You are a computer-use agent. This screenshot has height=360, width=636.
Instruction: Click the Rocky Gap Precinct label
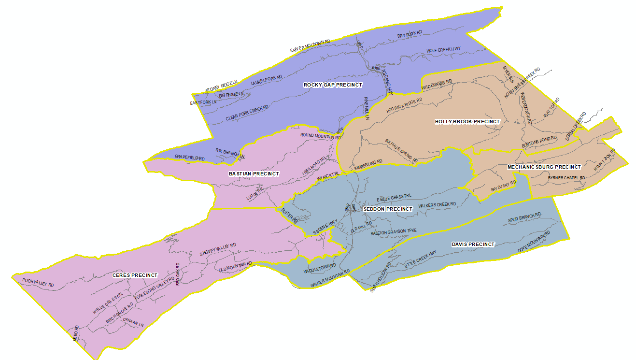click(333, 85)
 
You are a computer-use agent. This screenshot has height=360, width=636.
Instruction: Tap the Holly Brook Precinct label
click(467, 121)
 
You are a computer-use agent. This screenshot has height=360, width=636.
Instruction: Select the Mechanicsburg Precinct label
click(544, 167)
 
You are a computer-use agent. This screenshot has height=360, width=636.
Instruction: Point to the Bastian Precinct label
click(254, 173)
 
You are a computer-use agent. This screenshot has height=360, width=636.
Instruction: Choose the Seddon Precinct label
click(395, 209)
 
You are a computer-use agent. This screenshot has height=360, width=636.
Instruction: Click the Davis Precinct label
click(473, 244)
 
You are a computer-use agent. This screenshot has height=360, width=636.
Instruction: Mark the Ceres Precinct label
click(135, 275)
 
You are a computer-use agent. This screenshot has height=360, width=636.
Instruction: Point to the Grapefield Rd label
click(190, 158)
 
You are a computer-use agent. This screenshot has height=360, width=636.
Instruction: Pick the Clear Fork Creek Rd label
click(247, 113)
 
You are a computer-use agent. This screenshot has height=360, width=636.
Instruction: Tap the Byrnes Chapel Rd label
click(566, 178)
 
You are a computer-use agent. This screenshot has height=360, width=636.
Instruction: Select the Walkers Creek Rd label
click(437, 205)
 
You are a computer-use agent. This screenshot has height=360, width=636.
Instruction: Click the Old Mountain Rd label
click(236, 267)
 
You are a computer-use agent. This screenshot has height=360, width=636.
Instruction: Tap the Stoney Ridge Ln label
click(222, 86)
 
